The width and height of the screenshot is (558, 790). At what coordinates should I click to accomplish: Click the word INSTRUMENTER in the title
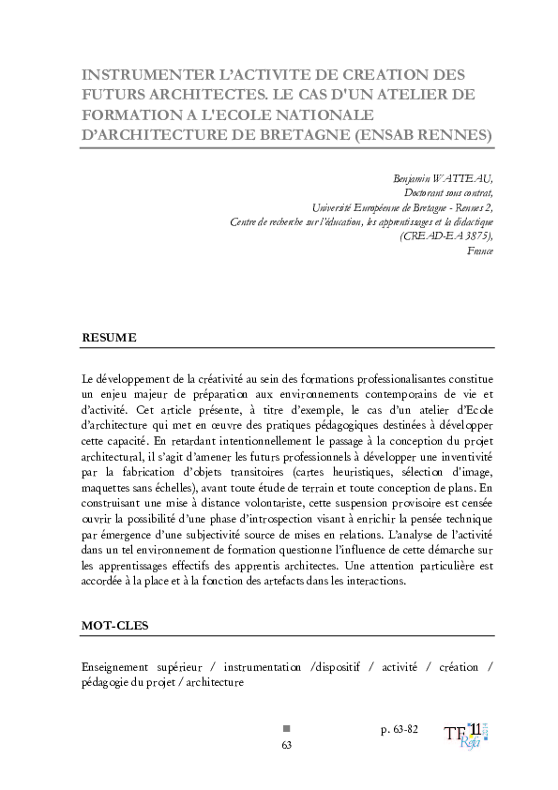(141, 74)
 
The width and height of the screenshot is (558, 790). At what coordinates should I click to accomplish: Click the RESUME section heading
(109, 337)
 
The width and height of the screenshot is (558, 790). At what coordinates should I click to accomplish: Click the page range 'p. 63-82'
(399, 728)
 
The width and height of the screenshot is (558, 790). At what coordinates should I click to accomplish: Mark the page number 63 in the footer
(287, 745)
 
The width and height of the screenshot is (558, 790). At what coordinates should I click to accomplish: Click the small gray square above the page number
(287, 728)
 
